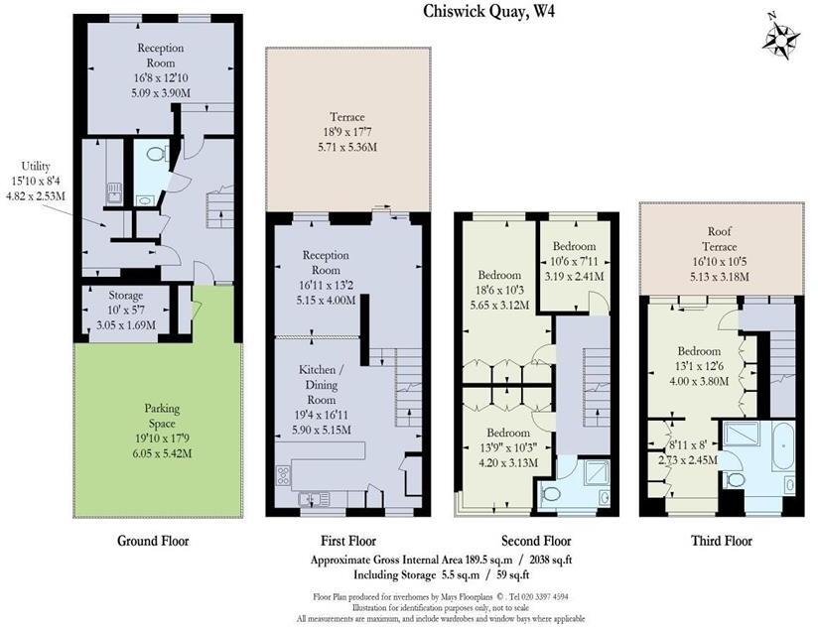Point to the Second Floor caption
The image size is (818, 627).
(536, 541)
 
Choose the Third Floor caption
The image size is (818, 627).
(721, 541)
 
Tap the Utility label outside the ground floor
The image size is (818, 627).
(43, 167)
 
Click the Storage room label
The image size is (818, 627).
(125, 295)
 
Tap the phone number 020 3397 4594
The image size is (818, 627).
(541, 596)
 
